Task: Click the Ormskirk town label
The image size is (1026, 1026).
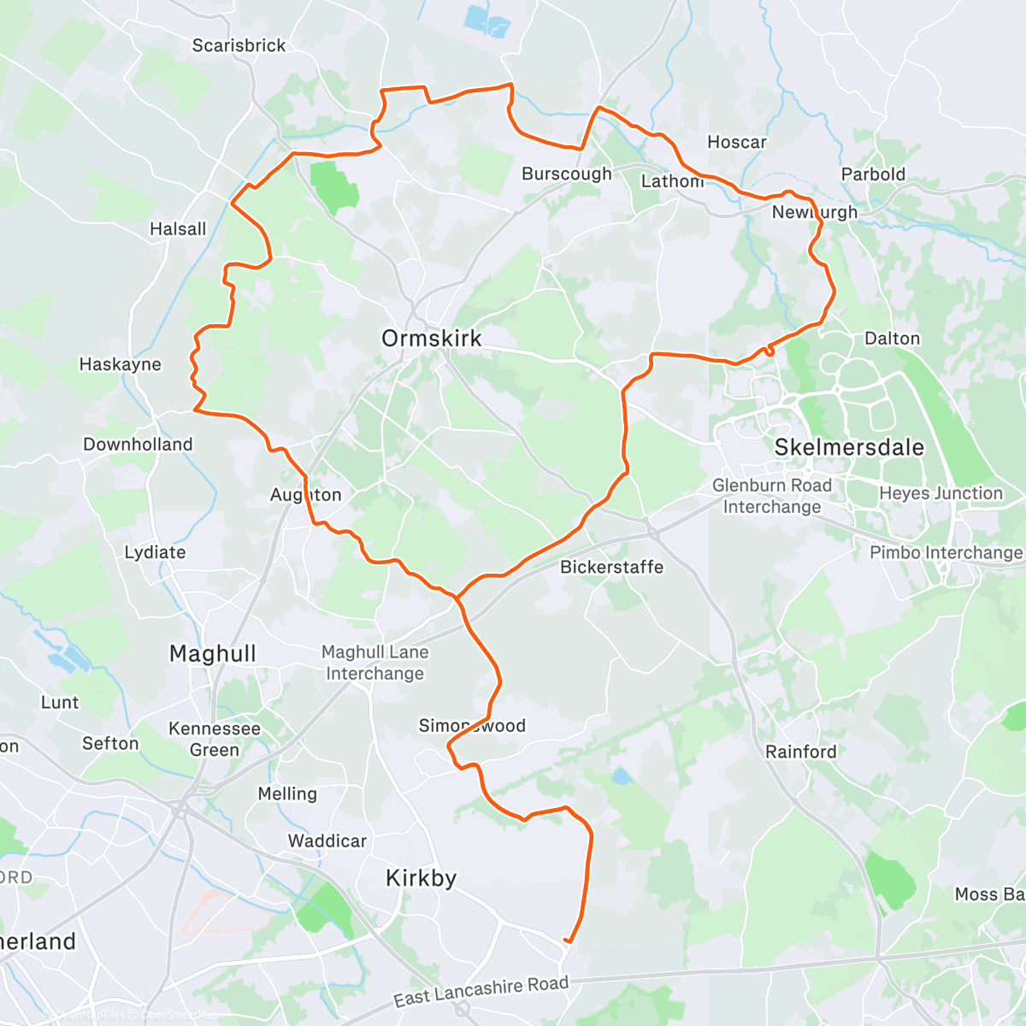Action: tap(432, 339)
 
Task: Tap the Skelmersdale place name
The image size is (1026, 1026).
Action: tap(849, 447)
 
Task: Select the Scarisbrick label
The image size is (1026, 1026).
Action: tap(239, 45)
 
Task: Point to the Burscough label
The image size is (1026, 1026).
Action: tap(567, 174)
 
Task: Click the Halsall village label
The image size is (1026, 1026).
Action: tap(178, 229)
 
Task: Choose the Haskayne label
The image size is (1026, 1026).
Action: tap(120, 364)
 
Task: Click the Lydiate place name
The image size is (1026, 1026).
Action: tap(155, 552)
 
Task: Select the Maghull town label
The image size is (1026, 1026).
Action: tap(212, 654)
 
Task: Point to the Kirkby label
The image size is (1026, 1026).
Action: tap(421, 878)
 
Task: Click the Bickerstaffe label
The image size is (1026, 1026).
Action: tap(611, 567)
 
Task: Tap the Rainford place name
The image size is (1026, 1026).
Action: tap(801, 752)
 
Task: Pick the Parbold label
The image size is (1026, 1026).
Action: tap(873, 174)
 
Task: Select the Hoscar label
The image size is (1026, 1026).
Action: tap(737, 142)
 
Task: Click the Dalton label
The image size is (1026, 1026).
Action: tap(893, 339)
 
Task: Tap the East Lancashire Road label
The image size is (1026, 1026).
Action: tap(481, 991)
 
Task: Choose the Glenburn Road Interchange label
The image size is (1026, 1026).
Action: tap(772, 496)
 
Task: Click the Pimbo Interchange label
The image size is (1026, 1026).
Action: tap(946, 552)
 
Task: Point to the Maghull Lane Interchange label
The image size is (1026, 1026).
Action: tap(374, 663)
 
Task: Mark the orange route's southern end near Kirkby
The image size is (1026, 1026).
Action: tap(567, 941)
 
